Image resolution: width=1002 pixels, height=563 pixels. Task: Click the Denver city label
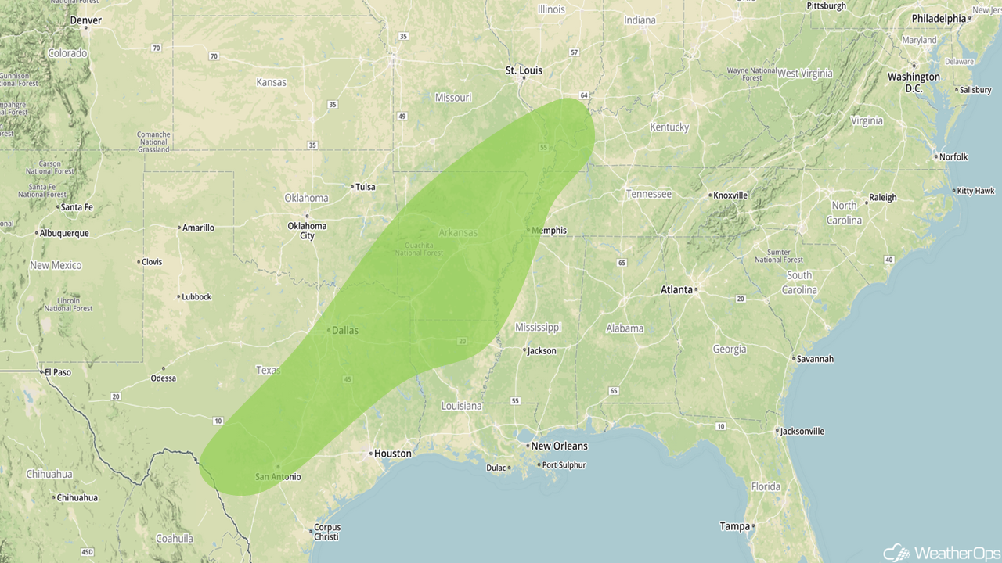(86, 20)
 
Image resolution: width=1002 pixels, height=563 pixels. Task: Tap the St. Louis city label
(524, 70)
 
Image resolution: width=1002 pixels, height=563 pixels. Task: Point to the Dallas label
(344, 330)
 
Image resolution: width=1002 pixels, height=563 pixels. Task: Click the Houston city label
(392, 454)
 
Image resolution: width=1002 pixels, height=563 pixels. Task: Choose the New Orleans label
(559, 446)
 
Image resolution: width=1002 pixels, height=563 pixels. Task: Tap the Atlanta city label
(676, 289)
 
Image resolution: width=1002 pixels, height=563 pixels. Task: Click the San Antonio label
(278, 476)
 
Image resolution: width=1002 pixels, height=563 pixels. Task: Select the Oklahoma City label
(307, 231)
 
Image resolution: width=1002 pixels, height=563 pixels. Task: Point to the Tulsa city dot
(352, 187)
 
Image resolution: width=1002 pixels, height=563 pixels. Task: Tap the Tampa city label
(734, 526)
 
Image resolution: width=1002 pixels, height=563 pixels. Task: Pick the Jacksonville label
(802, 431)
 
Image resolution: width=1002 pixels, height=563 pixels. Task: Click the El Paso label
(57, 372)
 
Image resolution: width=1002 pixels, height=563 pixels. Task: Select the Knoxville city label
(730, 195)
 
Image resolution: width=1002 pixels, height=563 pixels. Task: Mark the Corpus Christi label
(326, 532)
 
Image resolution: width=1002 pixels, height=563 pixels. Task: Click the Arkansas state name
(457, 233)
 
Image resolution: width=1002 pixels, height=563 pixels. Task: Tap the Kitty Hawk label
(975, 191)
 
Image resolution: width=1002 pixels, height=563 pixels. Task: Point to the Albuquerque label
(64, 233)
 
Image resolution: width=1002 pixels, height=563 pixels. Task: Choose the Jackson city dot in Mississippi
(524, 350)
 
